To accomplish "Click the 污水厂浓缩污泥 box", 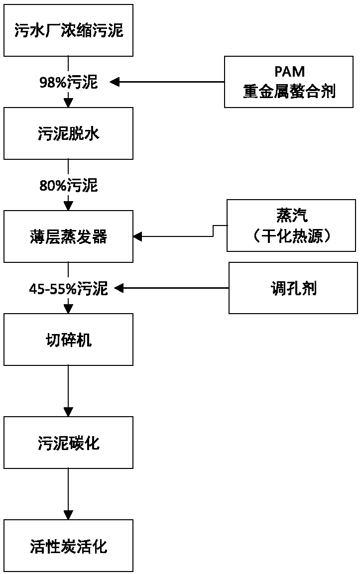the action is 69,30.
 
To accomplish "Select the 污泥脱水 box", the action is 69,133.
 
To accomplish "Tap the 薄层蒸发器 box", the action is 69,236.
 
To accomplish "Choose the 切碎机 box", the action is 69,340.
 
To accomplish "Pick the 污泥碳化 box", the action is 69,443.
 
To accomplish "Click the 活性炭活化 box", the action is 69,546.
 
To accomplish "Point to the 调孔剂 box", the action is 293,288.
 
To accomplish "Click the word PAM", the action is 289,72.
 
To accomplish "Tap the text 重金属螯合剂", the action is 289,91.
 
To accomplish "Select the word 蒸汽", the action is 292,216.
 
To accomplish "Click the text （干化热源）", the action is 292,235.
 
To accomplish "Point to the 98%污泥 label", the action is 69,82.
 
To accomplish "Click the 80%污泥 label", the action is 69,186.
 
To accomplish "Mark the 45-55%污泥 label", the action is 69,289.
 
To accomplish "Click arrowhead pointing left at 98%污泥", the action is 115,82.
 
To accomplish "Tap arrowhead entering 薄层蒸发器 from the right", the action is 138,236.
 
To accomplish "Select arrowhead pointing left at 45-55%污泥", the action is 119,288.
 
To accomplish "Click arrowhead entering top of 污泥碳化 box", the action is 68,412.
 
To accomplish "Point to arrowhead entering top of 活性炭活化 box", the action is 68,515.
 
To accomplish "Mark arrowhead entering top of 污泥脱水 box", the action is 68,103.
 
